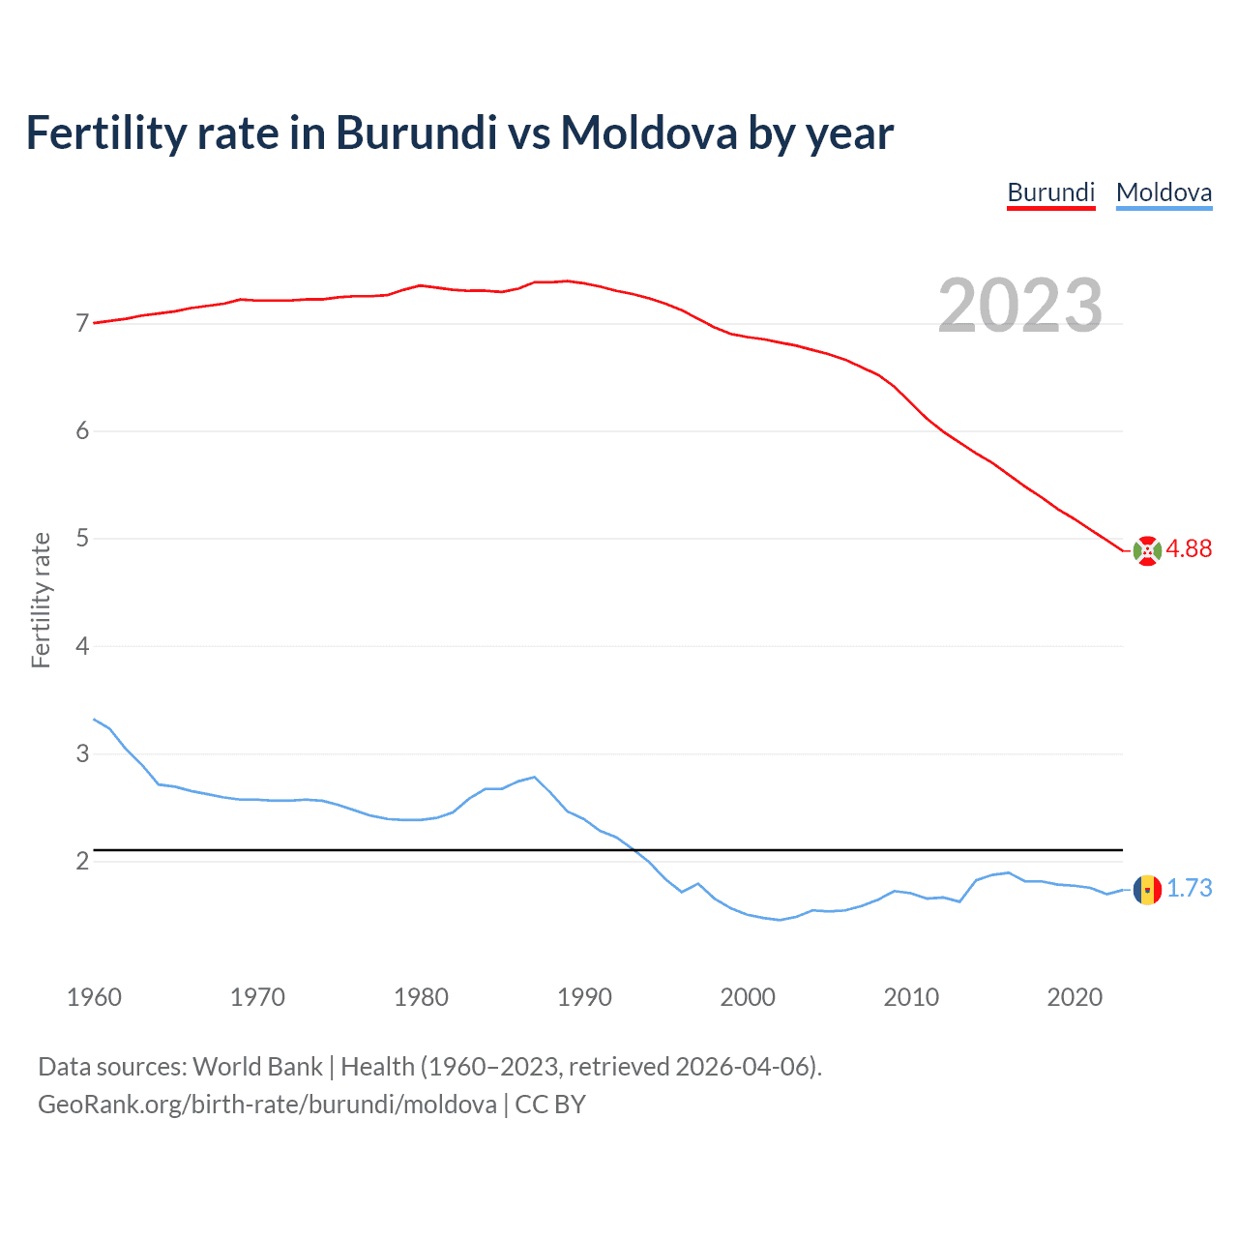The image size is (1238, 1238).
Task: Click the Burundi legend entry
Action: click(1050, 192)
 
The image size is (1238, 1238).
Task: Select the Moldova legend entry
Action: click(1164, 192)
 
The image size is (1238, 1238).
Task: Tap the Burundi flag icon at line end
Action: click(1147, 550)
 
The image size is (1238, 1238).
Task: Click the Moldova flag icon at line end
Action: click(1147, 889)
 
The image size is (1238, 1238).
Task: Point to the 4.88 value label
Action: click(1189, 549)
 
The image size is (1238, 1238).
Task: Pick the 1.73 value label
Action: click(1189, 889)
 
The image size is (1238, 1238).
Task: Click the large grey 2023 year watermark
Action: click(1019, 306)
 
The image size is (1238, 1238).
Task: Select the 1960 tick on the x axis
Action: click(94, 997)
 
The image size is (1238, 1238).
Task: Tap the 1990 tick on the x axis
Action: click(584, 997)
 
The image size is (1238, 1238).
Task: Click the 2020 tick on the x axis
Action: click(1075, 997)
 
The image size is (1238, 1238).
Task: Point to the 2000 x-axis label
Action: click(748, 997)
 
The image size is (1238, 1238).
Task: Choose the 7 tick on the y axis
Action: click(82, 323)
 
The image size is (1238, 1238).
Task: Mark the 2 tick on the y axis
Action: click(82, 861)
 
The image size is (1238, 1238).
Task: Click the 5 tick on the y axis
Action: click(82, 538)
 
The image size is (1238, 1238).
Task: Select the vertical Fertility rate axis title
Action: click(41, 600)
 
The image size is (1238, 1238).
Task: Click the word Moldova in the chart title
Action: click(649, 133)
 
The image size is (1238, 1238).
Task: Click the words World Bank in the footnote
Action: click(257, 1067)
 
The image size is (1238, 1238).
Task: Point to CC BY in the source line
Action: click(550, 1105)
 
